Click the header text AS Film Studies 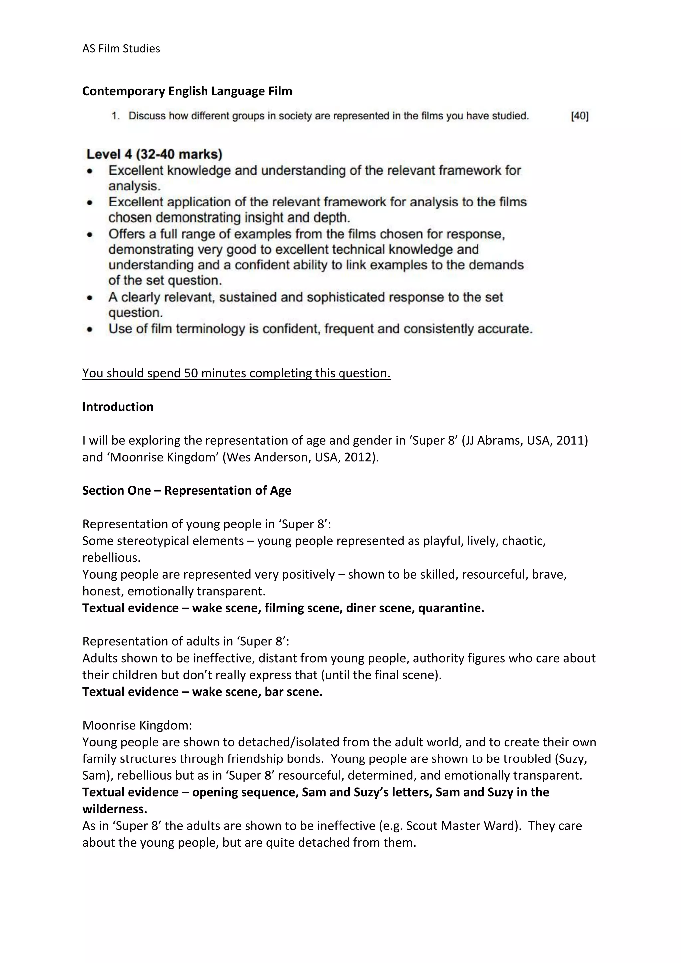coord(121,49)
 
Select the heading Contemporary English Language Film coord(187,91)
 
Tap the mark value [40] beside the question coord(580,116)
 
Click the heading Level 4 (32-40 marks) coord(154,154)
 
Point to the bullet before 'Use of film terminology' coord(90,329)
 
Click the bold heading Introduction coord(118,407)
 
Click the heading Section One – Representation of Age coord(187,491)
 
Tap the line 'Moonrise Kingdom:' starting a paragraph coord(137,725)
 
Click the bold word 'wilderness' coord(114,809)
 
